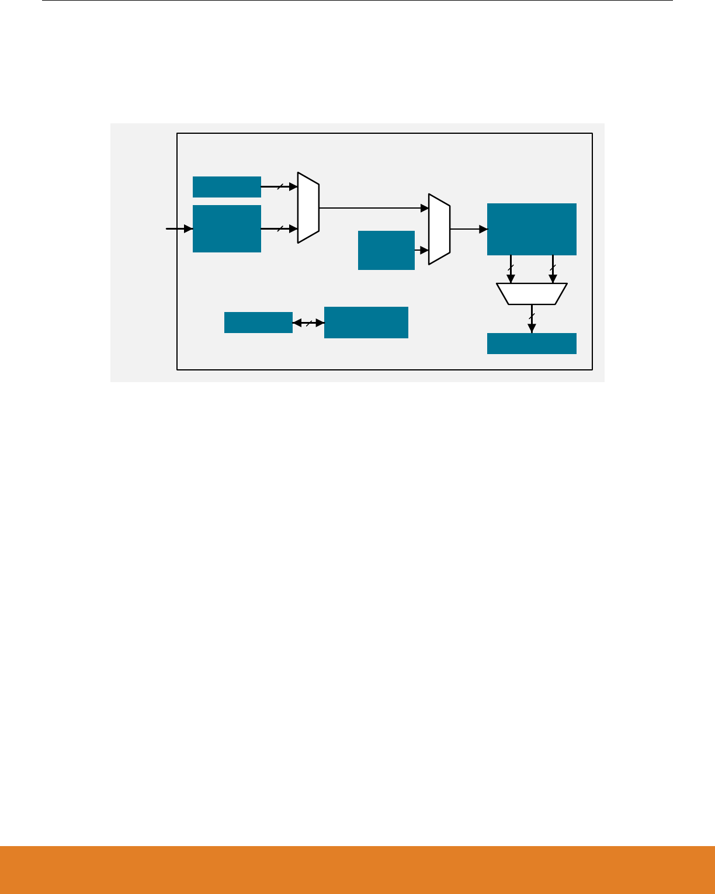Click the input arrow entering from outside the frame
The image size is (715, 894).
click(x=179, y=228)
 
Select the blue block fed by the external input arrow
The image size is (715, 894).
click(x=227, y=228)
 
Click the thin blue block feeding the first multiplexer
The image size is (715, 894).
click(x=227, y=187)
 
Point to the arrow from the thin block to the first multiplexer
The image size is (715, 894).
click(x=279, y=187)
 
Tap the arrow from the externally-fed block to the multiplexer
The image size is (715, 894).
click(x=279, y=228)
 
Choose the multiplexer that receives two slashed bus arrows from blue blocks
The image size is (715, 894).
click(x=308, y=207)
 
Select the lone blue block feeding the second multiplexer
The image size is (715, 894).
click(x=386, y=250)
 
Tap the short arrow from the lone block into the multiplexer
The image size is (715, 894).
click(x=422, y=250)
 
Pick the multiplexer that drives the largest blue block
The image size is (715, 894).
click(x=439, y=229)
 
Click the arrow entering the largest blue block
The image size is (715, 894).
click(x=468, y=229)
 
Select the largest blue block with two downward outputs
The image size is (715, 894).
click(x=532, y=229)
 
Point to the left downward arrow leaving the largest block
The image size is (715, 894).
click(x=511, y=269)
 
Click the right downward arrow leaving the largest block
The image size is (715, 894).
click(x=553, y=269)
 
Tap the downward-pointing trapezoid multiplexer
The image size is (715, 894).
click(x=532, y=294)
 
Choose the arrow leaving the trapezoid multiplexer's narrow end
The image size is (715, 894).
click(x=532, y=318)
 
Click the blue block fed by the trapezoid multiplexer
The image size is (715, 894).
click(x=532, y=344)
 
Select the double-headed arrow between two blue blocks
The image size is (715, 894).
click(x=308, y=323)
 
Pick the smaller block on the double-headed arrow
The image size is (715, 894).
click(x=258, y=323)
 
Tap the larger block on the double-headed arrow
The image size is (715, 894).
click(x=366, y=323)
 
